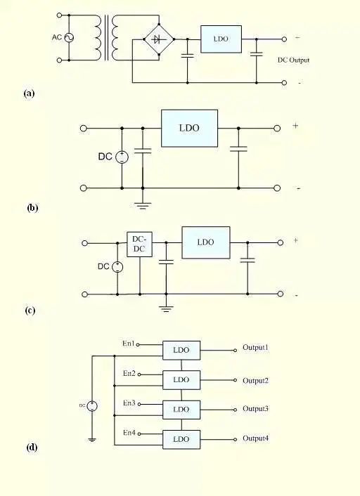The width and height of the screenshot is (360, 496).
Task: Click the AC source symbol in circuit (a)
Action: coord(70,37)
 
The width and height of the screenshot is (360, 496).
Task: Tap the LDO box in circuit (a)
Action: coord(221,39)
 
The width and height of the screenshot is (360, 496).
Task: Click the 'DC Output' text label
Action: coord(294,60)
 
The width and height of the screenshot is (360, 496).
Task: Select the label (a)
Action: coord(29,93)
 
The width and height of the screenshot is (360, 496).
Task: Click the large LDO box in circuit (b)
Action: coord(189,128)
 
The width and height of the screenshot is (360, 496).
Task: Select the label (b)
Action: coord(32,208)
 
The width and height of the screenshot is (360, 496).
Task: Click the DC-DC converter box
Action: coord(139,244)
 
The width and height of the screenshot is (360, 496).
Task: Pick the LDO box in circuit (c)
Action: coord(205,242)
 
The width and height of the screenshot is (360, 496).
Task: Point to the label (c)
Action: coord(30,310)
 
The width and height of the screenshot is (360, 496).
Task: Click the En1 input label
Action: coord(128,344)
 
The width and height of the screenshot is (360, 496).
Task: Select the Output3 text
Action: coord(256,408)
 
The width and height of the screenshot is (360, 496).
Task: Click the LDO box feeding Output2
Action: coord(181,379)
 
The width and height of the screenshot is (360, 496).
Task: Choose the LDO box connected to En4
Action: coord(181,439)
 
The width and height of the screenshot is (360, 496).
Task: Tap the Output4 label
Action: coord(256,439)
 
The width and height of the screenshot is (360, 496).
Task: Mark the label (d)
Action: coord(32,448)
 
